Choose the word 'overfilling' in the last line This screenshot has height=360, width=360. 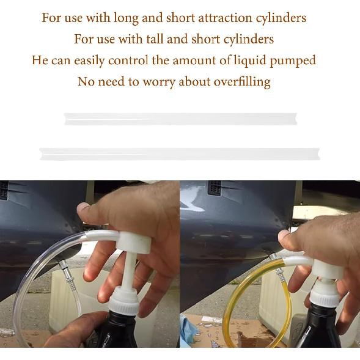[x=241, y=81]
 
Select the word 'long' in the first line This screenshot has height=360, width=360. [x=125, y=17]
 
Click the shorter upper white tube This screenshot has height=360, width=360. [x=182, y=118]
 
